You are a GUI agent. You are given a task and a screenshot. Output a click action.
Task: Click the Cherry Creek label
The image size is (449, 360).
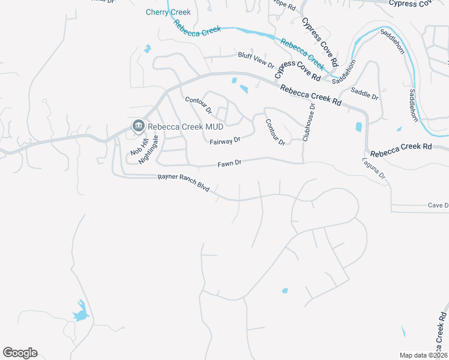pos(168,12)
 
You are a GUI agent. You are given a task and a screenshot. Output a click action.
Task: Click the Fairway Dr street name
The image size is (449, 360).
pos(225,141)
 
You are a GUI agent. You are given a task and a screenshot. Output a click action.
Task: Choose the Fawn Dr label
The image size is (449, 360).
pos(229,163)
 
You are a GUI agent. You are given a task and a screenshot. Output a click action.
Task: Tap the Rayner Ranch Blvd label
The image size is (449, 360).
pos(183,182)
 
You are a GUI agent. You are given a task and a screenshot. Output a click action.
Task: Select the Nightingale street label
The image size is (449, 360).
pos(148,149)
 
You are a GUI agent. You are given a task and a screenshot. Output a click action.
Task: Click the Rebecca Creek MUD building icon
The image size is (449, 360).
pos(138,125)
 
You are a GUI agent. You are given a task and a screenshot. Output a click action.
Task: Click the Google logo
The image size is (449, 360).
pos(20,353)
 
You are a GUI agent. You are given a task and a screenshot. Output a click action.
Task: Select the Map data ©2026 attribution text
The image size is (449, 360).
pos(423,355)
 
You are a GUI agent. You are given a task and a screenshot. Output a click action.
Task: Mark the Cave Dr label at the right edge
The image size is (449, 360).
pos(438,205)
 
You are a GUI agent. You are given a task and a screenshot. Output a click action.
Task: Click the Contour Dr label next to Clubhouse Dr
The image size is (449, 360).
pos(275,132)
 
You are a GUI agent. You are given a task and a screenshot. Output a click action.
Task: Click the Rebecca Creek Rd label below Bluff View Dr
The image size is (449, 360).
pos(310,95)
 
